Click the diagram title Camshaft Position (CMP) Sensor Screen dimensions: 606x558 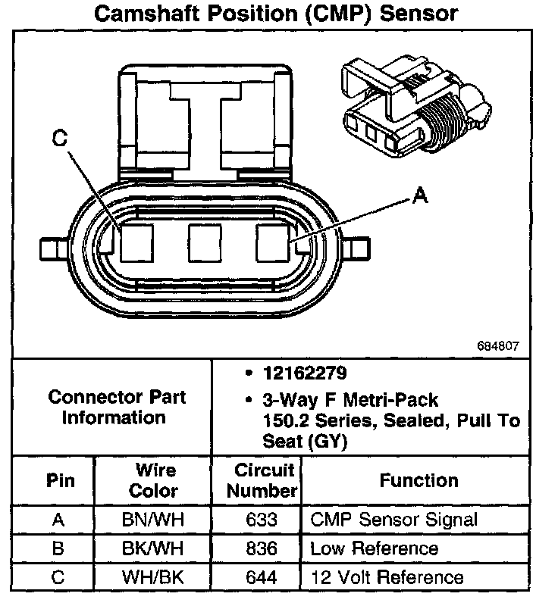click(x=278, y=15)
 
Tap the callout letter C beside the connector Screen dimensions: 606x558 click(x=60, y=139)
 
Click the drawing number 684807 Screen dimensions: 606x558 click(x=498, y=345)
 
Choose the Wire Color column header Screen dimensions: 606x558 click(x=152, y=480)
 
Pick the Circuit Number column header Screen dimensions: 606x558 click(x=262, y=480)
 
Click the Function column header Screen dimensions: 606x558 click(x=418, y=480)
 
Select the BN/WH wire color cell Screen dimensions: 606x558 click(x=153, y=520)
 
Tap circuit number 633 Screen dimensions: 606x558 click(x=262, y=520)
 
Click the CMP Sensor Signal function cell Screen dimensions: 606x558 click(x=394, y=520)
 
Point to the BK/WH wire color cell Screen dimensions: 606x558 click(x=153, y=548)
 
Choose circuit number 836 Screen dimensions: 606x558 click(x=262, y=548)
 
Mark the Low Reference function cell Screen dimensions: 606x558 click(x=375, y=548)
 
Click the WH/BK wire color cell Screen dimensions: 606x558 click(x=153, y=577)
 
